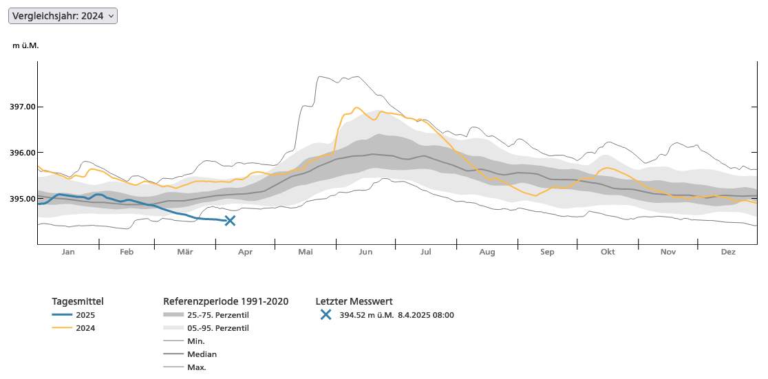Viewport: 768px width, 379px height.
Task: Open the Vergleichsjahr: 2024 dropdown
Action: click(63, 16)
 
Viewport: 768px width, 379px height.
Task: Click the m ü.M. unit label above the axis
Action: click(25, 45)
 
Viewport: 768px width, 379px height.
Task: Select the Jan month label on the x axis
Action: click(68, 252)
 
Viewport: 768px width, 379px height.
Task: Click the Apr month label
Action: click(245, 252)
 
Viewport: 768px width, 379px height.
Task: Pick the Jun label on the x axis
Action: click(365, 252)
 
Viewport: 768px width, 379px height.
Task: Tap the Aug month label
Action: click(487, 252)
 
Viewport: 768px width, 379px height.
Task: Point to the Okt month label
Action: click(608, 252)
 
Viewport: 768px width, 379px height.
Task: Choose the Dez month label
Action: click(728, 252)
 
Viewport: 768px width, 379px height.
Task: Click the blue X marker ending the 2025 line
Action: click(230, 221)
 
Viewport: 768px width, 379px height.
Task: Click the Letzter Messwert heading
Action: click(354, 301)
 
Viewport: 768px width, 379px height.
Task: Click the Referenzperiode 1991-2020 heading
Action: click(226, 301)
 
